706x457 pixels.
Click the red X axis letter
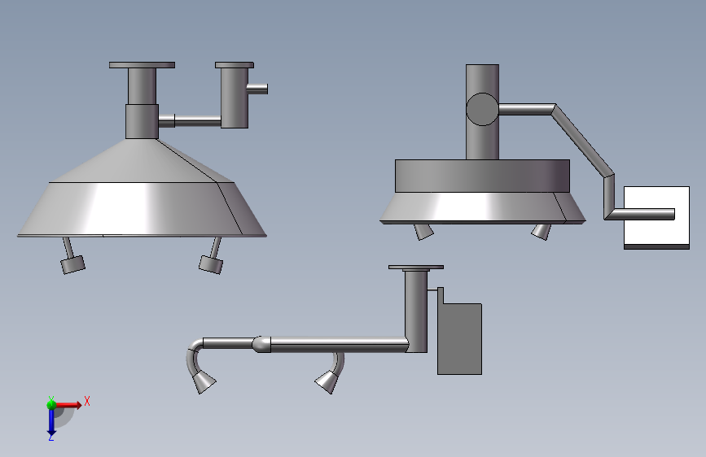87,401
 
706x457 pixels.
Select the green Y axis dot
51,405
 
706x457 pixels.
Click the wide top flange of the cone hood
142,65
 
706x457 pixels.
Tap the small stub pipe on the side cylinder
257,89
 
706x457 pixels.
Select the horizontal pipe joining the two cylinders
190,121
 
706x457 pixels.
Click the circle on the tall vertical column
482,109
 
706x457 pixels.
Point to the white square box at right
656,218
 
